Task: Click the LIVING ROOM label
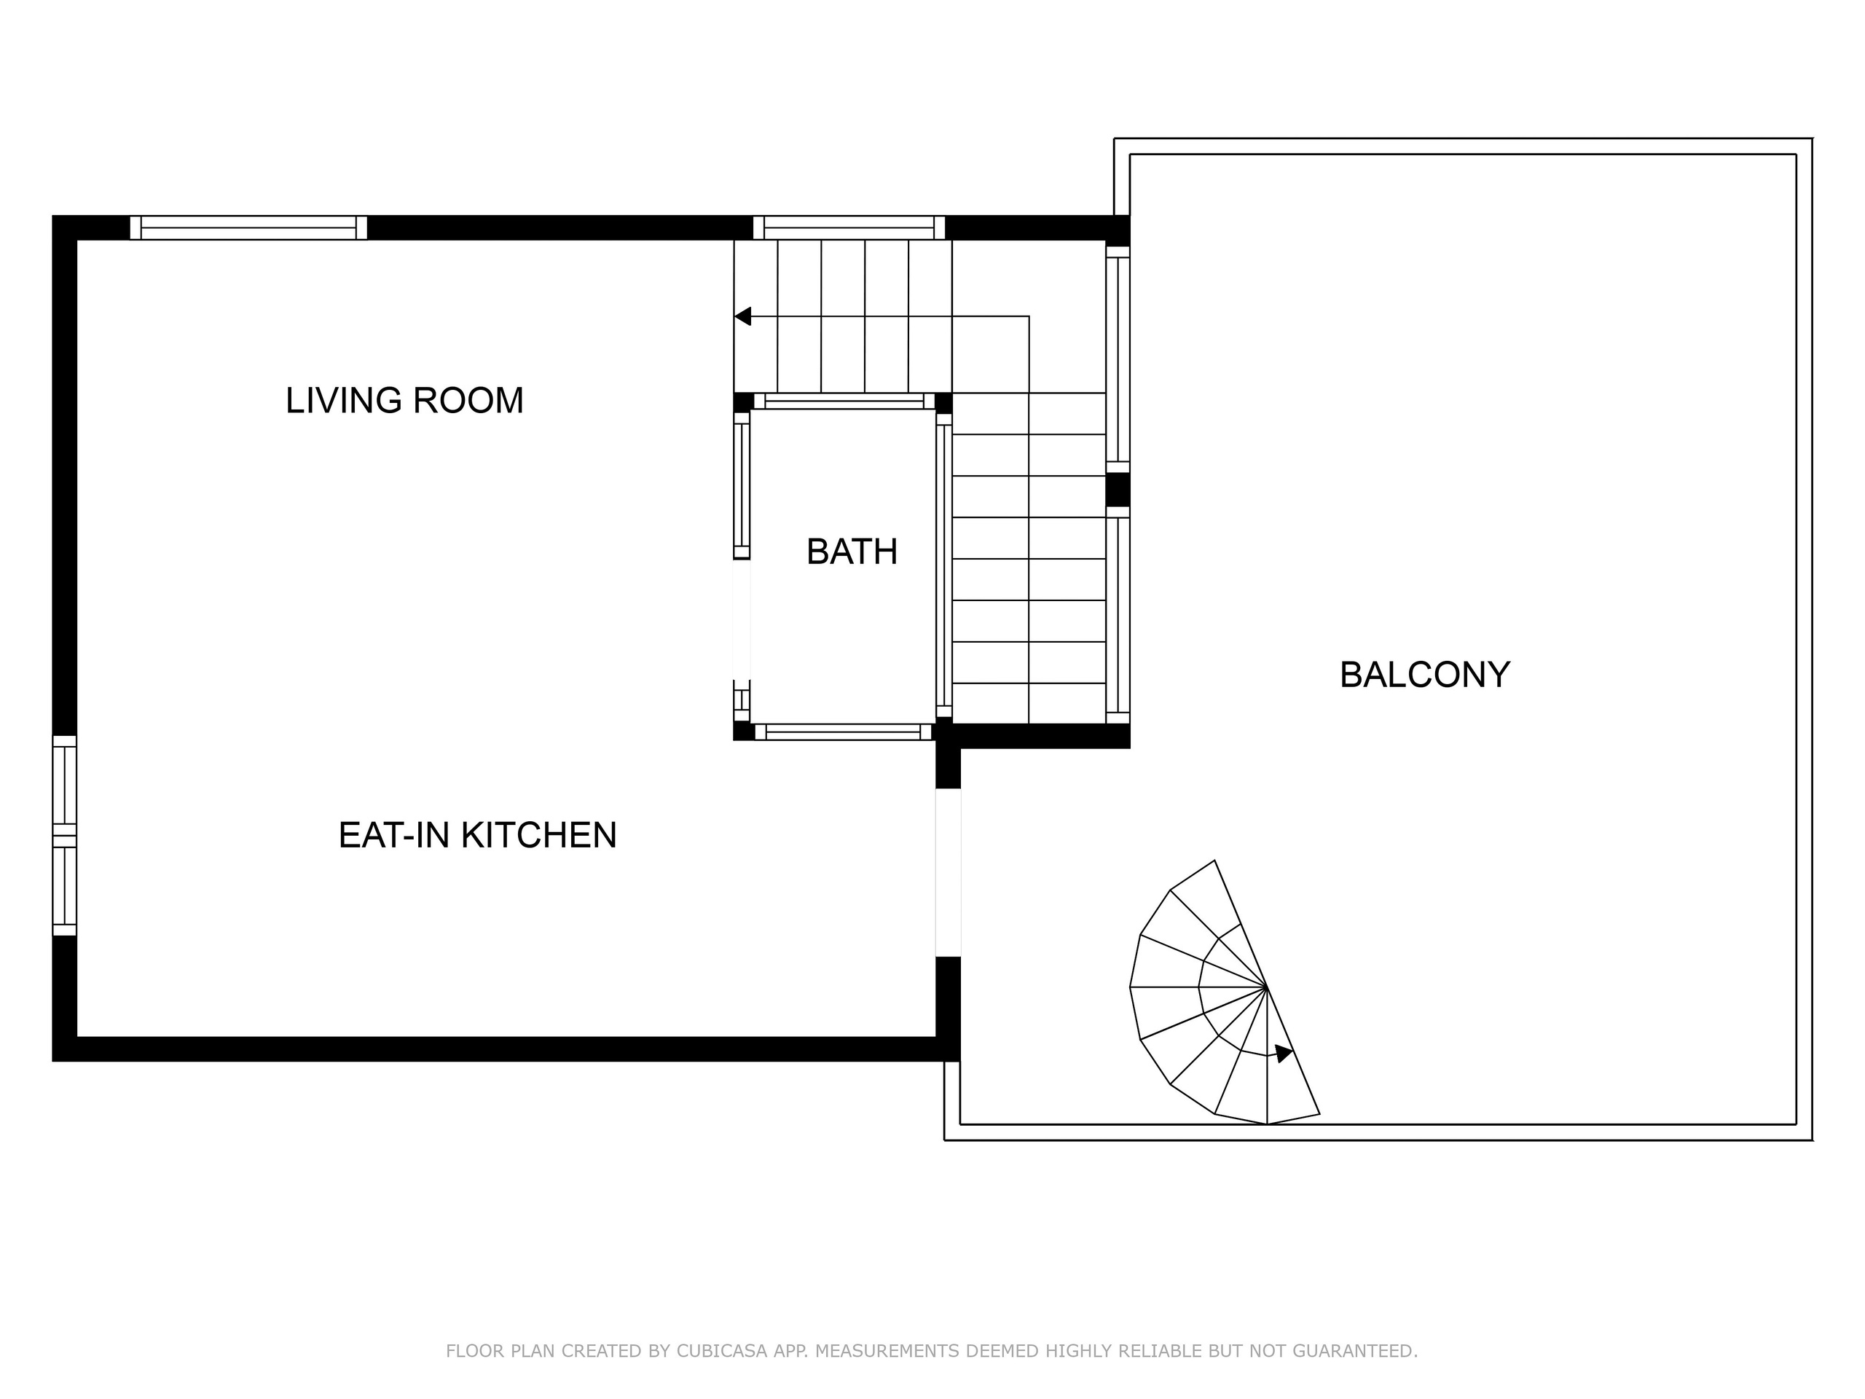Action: pyautogui.click(x=405, y=401)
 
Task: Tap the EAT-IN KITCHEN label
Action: pyautogui.click(x=478, y=835)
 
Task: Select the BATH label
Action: pyautogui.click(x=852, y=552)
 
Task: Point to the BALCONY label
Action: pyautogui.click(x=1425, y=675)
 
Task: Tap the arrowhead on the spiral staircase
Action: pyautogui.click(x=1283, y=1053)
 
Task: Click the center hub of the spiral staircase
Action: pyautogui.click(x=1266, y=987)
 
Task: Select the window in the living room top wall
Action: pyautogui.click(x=248, y=227)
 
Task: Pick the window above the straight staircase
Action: pyautogui.click(x=849, y=227)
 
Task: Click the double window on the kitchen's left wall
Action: pyautogui.click(x=65, y=836)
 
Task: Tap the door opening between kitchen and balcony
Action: pyautogui.click(x=949, y=873)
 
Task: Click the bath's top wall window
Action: pyautogui.click(x=844, y=401)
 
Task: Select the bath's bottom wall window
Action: pyautogui.click(x=843, y=732)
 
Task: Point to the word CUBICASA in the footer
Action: pyautogui.click(x=722, y=1351)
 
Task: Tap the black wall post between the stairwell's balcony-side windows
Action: pyautogui.click(x=1118, y=490)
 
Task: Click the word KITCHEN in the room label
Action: pyautogui.click(x=539, y=835)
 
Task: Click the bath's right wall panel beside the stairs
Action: pyautogui.click(x=944, y=565)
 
